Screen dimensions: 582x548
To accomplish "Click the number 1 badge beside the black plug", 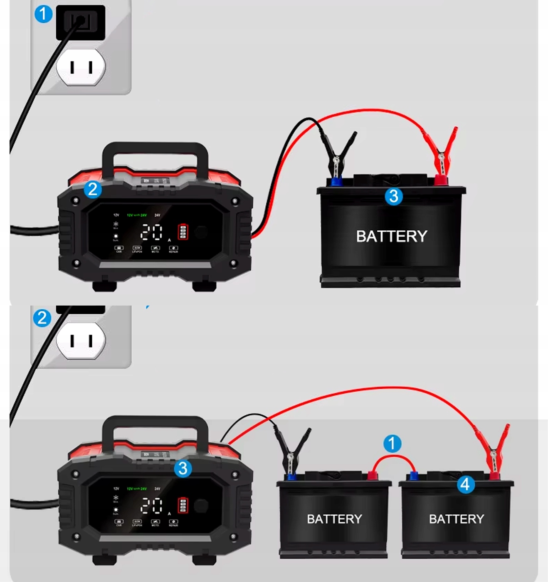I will click(x=43, y=14).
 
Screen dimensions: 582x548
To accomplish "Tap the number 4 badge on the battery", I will click(x=465, y=484).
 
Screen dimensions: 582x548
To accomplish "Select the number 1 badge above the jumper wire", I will click(x=392, y=444).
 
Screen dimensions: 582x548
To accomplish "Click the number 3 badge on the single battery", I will click(x=394, y=196).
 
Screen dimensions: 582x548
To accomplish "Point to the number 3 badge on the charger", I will click(x=183, y=469).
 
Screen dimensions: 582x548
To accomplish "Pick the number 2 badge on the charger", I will click(x=93, y=190).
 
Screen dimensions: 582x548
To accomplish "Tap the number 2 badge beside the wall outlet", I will click(x=42, y=318).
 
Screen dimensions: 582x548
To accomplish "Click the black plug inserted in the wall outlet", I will click(x=80, y=22).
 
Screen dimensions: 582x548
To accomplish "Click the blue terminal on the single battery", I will click(x=336, y=181).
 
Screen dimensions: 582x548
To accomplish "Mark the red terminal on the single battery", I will click(x=440, y=180).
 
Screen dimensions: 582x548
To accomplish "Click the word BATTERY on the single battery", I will click(x=392, y=236).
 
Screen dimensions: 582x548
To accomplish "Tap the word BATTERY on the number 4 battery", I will click(x=457, y=519).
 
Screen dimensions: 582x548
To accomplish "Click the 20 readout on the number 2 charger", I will click(x=151, y=232).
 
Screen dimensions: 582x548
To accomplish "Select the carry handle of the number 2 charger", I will click(x=155, y=150).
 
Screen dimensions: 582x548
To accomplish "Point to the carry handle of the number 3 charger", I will click(x=155, y=423).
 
